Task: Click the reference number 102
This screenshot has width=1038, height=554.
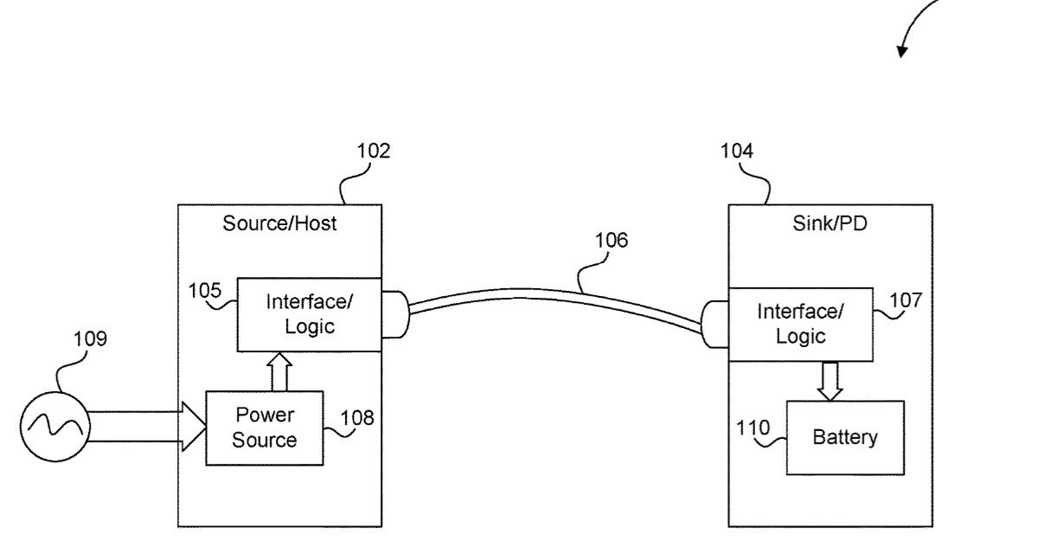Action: (x=374, y=151)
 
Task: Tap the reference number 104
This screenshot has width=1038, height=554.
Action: (x=737, y=151)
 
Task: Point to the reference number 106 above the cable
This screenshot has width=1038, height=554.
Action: (x=612, y=240)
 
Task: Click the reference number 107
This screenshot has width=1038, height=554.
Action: (x=906, y=300)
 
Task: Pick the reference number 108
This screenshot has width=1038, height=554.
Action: (x=358, y=418)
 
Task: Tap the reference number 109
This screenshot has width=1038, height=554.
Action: (x=90, y=338)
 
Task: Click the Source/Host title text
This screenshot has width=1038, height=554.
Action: (x=279, y=223)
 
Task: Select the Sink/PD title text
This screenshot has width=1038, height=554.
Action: (x=830, y=223)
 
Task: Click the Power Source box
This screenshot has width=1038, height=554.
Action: (x=264, y=428)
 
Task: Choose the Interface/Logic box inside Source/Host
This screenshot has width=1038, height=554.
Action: (x=309, y=314)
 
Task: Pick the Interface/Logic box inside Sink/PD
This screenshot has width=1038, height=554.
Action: (x=800, y=324)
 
